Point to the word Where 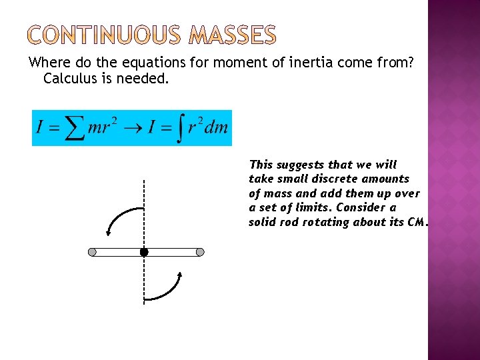pos(45,63)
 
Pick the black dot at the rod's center pos(143,252)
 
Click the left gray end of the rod pos(92,252)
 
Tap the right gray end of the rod pos(199,252)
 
